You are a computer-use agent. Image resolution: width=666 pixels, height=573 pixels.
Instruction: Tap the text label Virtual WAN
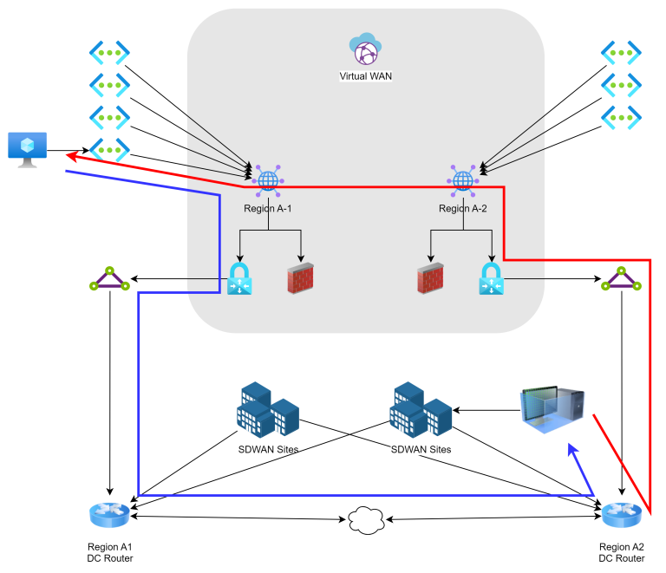click(x=365, y=76)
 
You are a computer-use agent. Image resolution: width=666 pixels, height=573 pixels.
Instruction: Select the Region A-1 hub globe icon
click(x=268, y=179)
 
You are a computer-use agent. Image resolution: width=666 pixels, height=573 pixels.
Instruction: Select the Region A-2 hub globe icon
click(x=463, y=179)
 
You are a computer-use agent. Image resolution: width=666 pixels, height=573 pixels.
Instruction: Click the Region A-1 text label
click(x=268, y=209)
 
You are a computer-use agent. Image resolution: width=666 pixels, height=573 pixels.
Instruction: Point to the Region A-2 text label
click(x=463, y=209)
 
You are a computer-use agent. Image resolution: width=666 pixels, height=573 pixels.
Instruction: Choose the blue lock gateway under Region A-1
click(x=239, y=279)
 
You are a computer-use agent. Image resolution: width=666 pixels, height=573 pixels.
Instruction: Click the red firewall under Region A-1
click(x=300, y=279)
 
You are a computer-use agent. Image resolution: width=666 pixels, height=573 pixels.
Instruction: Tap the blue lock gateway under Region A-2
click(x=492, y=279)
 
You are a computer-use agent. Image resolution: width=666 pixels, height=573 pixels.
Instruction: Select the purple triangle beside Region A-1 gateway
click(x=109, y=279)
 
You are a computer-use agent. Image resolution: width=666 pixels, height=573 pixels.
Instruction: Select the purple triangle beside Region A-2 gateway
click(x=622, y=279)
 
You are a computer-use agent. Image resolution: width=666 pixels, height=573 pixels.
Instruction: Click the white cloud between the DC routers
click(x=366, y=519)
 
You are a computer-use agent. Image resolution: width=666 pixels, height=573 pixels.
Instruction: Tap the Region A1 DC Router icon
click(x=109, y=516)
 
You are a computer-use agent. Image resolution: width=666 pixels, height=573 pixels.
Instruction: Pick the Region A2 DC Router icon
click(x=622, y=516)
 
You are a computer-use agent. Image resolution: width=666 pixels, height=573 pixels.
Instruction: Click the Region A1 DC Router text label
click(x=109, y=553)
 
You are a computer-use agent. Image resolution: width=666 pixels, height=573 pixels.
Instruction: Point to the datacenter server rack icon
click(x=552, y=410)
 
